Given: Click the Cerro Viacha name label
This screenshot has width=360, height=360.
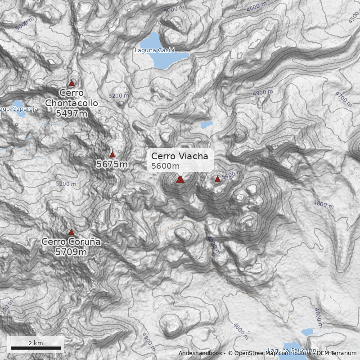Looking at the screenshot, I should point(180,156).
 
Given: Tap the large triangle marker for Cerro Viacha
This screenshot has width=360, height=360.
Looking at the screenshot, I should point(180,180).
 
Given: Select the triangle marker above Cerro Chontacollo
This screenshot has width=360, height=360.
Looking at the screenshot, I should point(71,83).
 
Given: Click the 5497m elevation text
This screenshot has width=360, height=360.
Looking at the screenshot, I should point(72,113).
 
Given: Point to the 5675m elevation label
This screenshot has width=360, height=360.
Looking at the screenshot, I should point(112,164).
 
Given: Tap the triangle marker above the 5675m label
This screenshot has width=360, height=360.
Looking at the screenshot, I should point(112,154).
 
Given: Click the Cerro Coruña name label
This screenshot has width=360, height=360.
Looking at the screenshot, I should point(71,242).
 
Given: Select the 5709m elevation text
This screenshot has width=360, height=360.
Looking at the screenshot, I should point(71,252).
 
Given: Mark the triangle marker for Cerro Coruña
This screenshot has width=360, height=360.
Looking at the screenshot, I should point(71,232).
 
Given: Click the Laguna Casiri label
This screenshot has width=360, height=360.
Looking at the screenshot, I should point(154,50).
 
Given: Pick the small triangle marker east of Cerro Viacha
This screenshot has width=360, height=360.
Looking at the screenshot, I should point(217,179).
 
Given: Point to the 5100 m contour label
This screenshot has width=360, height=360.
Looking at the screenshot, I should point(66,184).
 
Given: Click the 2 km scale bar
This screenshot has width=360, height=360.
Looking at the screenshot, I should point(36,348).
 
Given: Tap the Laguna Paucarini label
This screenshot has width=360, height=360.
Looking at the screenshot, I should point(292,350).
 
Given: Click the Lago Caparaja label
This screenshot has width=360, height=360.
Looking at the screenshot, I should point(19,109).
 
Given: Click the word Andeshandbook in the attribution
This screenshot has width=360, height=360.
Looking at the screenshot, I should point(201,353).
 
